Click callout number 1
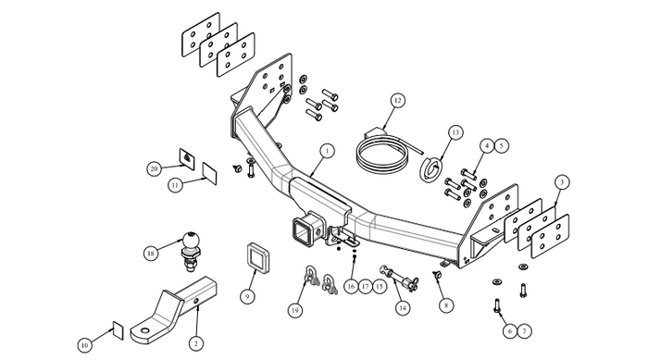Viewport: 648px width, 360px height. pos(327,151)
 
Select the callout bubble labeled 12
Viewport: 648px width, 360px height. pos(397,101)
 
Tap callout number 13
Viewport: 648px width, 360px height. pos(455,132)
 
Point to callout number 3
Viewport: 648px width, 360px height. pos(562,182)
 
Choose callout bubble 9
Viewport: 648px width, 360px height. pos(247,296)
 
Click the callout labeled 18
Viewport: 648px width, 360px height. pos(151,253)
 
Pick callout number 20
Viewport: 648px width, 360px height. pos(155,169)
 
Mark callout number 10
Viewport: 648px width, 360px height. pos(85,345)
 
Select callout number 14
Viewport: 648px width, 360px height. pos(402,307)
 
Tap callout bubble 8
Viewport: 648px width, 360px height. pos(446,305)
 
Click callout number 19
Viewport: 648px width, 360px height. pos(294,311)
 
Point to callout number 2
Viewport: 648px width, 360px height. pos(196,343)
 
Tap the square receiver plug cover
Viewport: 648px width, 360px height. pos(259,259)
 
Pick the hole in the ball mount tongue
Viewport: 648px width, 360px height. pos(145,331)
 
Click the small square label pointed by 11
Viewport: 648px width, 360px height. pos(209,174)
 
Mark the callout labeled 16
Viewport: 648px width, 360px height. pos(351,286)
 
